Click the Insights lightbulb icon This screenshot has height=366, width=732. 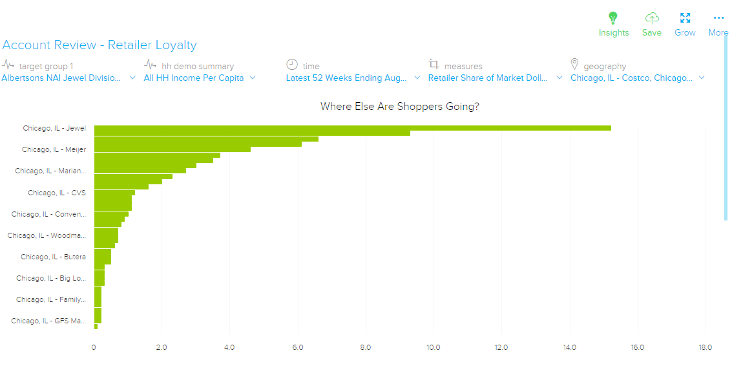click(x=613, y=18)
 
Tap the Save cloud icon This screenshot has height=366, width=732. click(x=652, y=18)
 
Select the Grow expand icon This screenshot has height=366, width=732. click(x=685, y=18)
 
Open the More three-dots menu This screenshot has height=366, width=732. click(x=718, y=18)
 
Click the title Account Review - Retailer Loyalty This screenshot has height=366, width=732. click(x=99, y=45)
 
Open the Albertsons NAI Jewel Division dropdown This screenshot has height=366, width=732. click(x=68, y=78)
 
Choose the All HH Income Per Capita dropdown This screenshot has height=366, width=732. click(x=200, y=78)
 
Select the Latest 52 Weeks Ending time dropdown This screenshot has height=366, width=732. click(x=352, y=78)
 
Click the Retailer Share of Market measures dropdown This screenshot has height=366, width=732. click(x=494, y=78)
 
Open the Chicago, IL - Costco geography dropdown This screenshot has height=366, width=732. click(x=636, y=78)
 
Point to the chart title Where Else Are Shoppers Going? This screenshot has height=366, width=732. click(x=400, y=106)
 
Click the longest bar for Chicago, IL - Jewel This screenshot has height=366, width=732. click(x=352, y=128)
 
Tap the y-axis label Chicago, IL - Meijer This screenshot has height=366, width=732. click(x=54, y=149)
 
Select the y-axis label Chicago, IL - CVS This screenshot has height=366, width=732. click(x=57, y=193)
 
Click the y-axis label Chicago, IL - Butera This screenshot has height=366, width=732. click(x=53, y=257)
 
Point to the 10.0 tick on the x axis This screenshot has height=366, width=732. click(x=434, y=347)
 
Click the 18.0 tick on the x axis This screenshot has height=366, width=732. click(x=705, y=347)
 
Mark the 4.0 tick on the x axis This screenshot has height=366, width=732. click(x=229, y=347)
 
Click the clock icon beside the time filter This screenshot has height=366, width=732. click(x=292, y=65)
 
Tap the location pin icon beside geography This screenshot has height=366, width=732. click(x=574, y=65)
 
